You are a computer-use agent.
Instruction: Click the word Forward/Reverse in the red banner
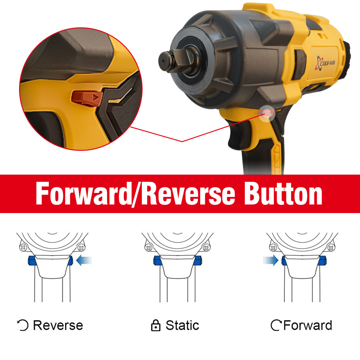point(135,194)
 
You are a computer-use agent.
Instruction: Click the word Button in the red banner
point(283,194)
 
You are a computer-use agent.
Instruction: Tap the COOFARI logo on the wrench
point(325,63)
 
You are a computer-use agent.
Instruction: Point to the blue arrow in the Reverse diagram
point(84,261)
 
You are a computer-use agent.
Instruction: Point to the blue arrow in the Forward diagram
point(271,260)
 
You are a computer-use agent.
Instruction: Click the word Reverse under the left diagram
point(58,325)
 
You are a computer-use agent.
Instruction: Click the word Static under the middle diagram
point(182,325)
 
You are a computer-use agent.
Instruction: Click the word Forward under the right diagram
point(308,325)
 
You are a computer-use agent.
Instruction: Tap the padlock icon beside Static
point(156,325)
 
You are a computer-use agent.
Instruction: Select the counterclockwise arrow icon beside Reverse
point(23,325)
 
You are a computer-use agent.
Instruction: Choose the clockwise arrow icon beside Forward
point(276,325)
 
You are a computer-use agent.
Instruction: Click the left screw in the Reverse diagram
point(23,248)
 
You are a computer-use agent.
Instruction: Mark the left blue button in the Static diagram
point(157,261)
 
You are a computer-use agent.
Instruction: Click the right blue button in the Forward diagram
point(323,261)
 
